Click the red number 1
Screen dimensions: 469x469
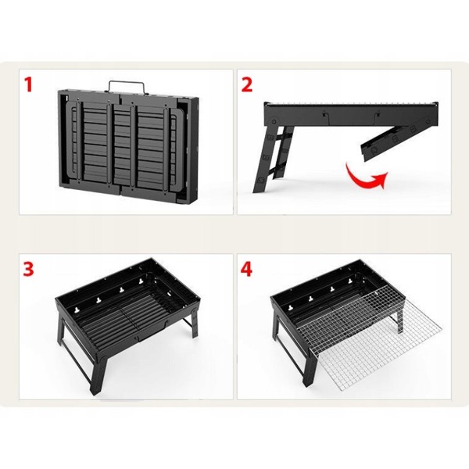pos(28,84)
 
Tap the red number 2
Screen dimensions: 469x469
pos(247,84)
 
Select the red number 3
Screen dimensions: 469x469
pos(29,269)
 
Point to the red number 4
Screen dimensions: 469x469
pos(246,269)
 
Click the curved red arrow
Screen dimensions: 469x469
pos(363,180)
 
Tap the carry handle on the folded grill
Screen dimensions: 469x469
pos(126,86)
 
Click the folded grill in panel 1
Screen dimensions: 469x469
pos(127,141)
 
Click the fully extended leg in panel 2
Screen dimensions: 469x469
pos(273,159)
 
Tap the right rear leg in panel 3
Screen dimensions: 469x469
pos(195,323)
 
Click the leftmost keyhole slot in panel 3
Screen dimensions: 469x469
pos(78,310)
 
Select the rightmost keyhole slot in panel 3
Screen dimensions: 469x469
pos(140,281)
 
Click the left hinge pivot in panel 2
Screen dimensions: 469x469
pos(274,122)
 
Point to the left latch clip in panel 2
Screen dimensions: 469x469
pos(324,116)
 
